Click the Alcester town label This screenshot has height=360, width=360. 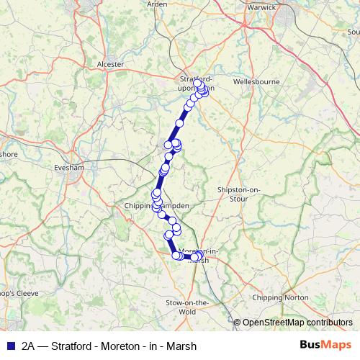coord(110,63)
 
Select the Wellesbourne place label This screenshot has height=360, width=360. coord(257,82)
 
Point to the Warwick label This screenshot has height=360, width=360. coord(262,7)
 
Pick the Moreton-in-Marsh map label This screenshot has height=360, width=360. coord(198,255)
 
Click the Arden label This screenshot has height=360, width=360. coord(157,4)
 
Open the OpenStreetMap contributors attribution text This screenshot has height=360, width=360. coord(297,323)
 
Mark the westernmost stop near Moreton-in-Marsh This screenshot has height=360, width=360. coord(176,255)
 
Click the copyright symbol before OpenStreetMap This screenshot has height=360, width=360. coord(238,323)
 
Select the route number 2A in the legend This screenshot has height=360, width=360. coord(28,345)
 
